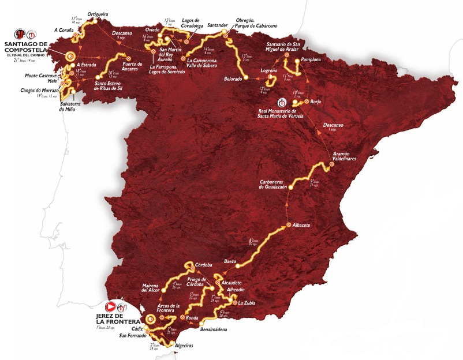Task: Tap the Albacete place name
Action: (303, 225)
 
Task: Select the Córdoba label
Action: (204, 258)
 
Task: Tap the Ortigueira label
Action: (98, 13)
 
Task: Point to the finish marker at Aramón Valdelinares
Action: (331, 164)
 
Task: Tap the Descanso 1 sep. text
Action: (333, 126)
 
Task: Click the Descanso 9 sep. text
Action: (122, 35)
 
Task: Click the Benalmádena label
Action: (213, 329)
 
